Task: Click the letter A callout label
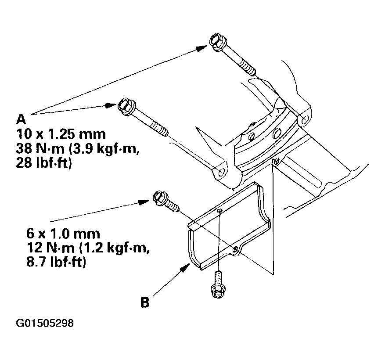point(21,119)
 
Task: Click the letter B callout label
point(145,302)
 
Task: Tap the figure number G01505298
point(45,323)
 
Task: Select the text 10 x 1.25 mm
point(61,134)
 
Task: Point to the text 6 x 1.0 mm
point(63,234)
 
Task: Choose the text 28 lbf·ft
point(44,163)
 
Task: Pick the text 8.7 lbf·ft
point(56,263)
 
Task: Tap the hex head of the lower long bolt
point(126,107)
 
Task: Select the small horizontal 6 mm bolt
point(166,202)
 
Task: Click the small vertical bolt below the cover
point(217,285)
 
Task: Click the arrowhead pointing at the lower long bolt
point(110,105)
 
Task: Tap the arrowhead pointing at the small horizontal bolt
point(144,202)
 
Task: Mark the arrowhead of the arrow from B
point(185,268)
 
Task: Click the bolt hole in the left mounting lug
point(221,172)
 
